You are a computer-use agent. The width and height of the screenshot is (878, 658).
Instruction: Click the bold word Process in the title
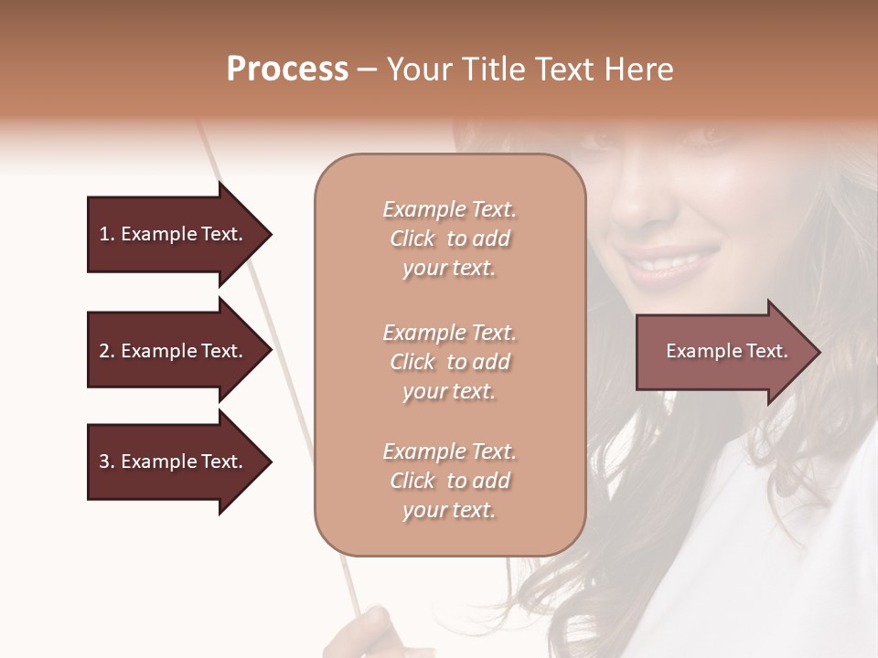[287, 69]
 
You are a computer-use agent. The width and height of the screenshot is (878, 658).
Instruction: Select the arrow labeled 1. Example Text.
[171, 234]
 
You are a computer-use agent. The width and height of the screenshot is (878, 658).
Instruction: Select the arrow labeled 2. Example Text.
[171, 351]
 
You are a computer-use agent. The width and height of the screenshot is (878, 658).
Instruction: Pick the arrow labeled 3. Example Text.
[171, 462]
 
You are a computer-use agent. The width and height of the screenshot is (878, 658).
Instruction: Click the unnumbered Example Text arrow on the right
[726, 352]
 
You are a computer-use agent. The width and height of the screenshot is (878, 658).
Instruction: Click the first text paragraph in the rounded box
[449, 239]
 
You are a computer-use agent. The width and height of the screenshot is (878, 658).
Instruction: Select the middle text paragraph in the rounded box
[449, 362]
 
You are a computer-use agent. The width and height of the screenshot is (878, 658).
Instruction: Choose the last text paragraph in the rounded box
[449, 481]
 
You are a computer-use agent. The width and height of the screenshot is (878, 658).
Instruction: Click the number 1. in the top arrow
[107, 234]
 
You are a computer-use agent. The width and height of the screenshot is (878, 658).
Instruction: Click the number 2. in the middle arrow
[107, 351]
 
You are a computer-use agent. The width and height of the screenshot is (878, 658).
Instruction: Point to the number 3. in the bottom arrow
[107, 462]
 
